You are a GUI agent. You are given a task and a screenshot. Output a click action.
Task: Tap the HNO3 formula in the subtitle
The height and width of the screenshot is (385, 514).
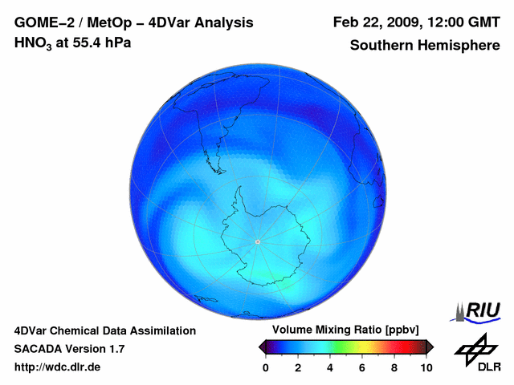[x=32, y=43]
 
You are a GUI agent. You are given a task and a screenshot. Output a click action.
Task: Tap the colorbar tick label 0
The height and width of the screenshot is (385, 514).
[x=266, y=367]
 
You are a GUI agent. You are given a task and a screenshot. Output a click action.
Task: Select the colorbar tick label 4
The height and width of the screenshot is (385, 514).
[x=330, y=367]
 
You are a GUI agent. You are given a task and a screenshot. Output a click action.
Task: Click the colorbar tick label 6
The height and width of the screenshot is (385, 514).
[x=362, y=367]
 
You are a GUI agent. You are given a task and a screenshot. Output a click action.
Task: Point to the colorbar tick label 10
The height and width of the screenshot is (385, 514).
[x=426, y=367]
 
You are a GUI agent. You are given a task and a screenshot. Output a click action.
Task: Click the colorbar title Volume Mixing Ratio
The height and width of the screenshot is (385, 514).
[x=324, y=330]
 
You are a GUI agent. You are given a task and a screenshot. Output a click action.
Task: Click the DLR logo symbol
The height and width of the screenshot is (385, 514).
[x=475, y=346]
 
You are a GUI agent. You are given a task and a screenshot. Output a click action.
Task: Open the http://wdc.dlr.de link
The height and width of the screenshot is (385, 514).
[x=58, y=367]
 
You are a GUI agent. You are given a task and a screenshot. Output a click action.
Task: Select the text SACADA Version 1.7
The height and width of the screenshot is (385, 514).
[x=69, y=349]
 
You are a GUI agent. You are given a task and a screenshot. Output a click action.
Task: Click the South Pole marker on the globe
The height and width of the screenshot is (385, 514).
[x=257, y=241]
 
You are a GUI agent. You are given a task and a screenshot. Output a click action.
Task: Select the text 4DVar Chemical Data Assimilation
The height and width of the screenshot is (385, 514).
[x=104, y=330]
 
